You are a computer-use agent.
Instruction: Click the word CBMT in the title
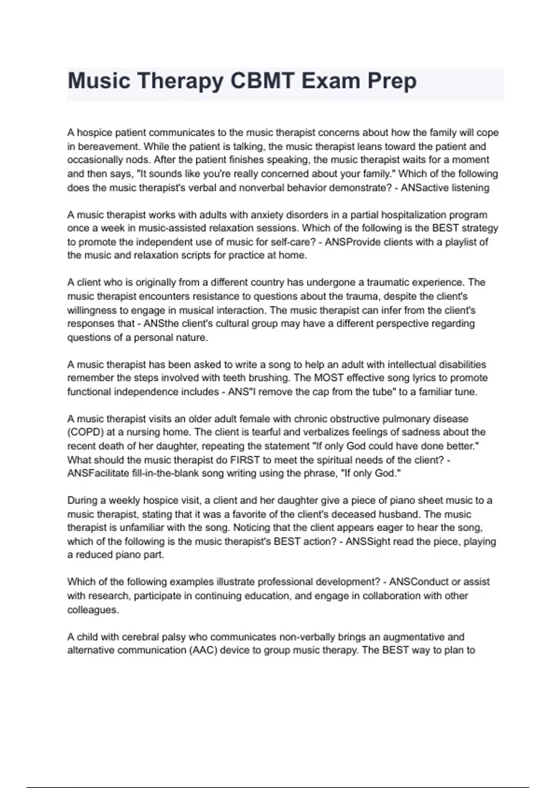[262, 81]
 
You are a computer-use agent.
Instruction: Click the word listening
[469, 188]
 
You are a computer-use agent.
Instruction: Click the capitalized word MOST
[328, 378]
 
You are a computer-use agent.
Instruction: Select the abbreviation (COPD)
[85, 432]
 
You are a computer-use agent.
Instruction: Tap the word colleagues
[93, 610]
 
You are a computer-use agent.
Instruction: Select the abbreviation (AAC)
[202, 650]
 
